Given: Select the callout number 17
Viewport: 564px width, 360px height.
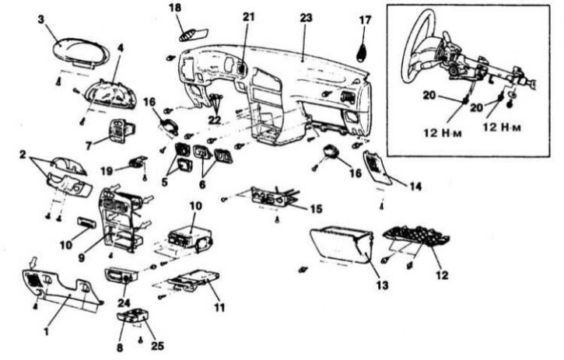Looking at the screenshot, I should pyautogui.click(x=366, y=19).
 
